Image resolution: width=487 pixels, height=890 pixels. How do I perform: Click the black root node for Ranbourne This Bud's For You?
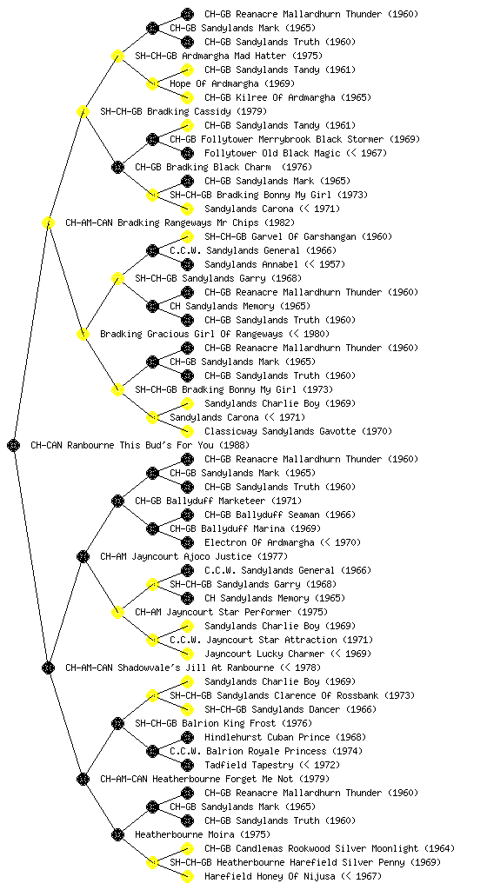(14, 445)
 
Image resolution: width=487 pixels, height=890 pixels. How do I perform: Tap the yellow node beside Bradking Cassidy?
(83, 111)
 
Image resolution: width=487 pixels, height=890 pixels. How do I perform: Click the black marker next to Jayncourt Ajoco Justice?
(83, 556)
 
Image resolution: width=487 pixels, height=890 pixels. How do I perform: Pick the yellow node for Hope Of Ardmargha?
(152, 83)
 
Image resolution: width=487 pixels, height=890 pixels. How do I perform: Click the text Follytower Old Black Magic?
(272, 153)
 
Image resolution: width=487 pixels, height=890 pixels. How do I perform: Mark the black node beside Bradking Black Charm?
(117, 167)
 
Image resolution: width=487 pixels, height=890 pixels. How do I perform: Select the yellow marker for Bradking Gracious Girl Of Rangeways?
(83, 334)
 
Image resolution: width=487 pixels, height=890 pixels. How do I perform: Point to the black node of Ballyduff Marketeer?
(117, 501)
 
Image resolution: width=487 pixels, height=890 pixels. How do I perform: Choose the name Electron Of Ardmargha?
(259, 542)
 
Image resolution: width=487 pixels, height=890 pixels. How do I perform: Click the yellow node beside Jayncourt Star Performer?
(117, 612)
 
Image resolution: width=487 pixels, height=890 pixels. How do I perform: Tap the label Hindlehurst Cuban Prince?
(267, 737)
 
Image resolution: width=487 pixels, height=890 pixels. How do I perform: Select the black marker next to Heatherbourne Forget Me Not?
(83, 779)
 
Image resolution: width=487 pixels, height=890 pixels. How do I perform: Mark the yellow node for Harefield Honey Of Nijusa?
(187, 876)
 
